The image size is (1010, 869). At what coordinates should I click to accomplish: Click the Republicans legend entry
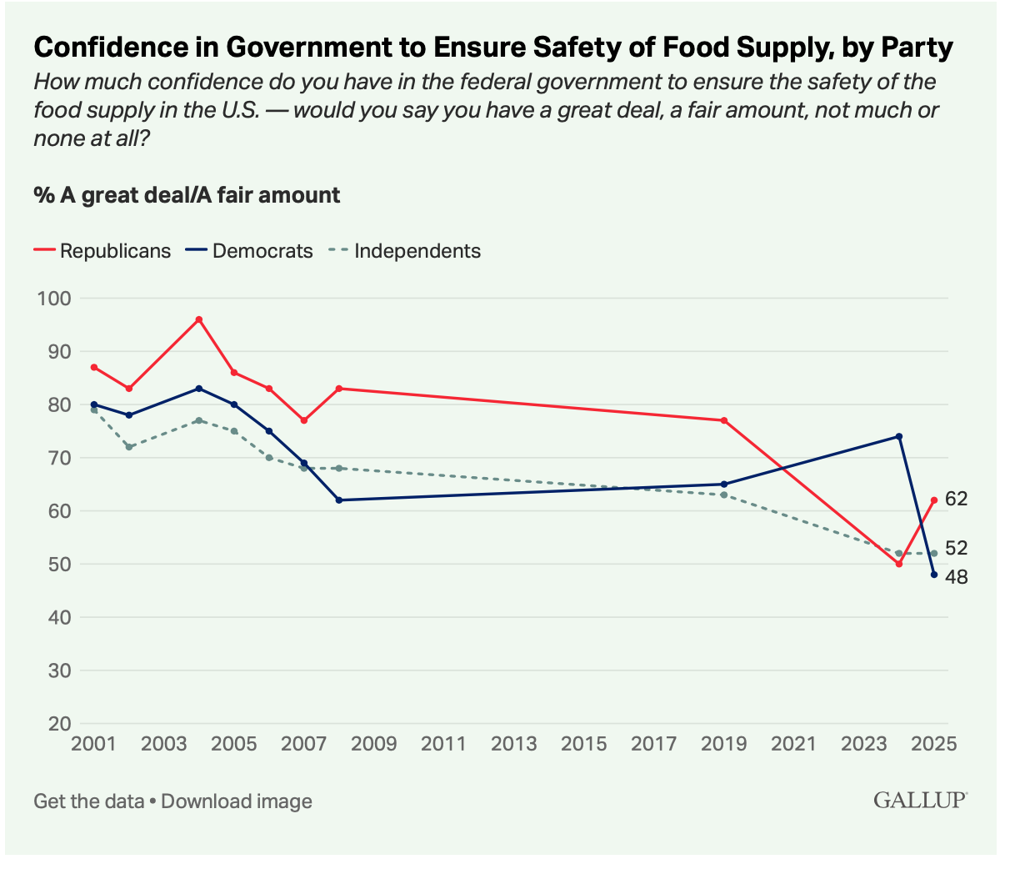[102, 251]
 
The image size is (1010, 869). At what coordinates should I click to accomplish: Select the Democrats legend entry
[251, 251]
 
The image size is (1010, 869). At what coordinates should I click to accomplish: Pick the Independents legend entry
[404, 251]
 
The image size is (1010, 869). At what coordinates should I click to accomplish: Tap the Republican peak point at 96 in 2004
[198, 319]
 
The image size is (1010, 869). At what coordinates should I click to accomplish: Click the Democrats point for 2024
[899, 436]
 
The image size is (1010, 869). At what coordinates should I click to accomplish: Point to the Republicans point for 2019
[724, 420]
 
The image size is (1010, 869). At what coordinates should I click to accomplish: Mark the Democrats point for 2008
[338, 500]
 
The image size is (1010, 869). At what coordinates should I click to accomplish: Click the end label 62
[956, 500]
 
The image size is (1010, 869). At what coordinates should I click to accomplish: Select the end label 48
[956, 576]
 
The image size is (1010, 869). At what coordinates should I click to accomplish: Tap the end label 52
[956, 548]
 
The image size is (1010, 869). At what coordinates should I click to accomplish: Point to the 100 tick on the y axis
[53, 299]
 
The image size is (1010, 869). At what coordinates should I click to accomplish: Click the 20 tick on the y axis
[58, 724]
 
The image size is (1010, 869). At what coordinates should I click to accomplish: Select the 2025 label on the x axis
[934, 744]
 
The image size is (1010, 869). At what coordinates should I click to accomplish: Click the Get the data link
[89, 801]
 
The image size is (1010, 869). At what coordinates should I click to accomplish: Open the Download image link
[237, 801]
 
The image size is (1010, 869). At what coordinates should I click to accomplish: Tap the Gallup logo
[919, 801]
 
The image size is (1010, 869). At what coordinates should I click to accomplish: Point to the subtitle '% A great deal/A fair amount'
[187, 195]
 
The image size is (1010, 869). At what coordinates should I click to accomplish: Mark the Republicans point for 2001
[93, 367]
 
